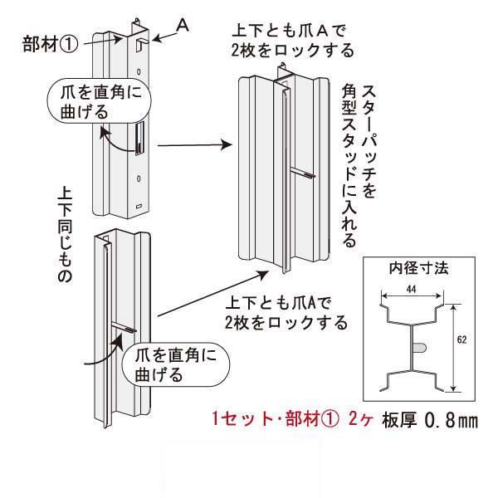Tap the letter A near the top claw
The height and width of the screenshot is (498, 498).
(184, 27)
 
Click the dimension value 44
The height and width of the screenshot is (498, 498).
(412, 287)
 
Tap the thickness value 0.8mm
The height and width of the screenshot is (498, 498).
(452, 421)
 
